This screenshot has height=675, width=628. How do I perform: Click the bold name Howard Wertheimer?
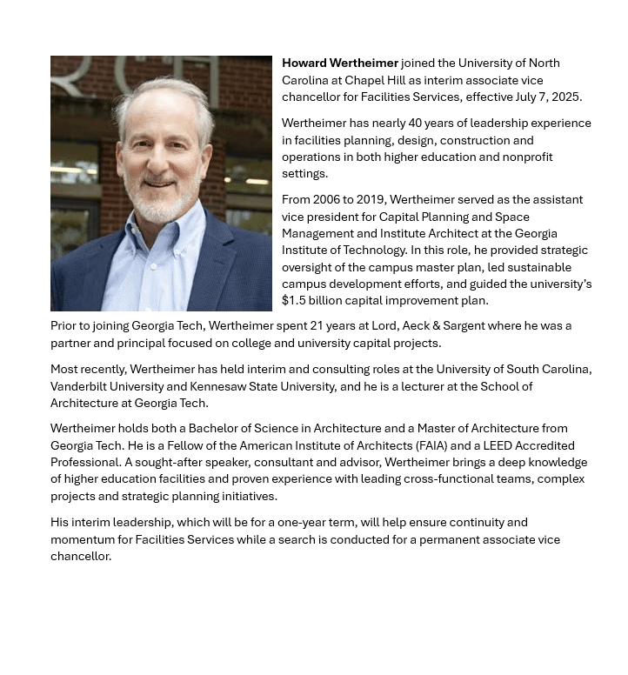340,63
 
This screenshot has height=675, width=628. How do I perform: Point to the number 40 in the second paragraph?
415,124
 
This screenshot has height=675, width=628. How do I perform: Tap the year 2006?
328,200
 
